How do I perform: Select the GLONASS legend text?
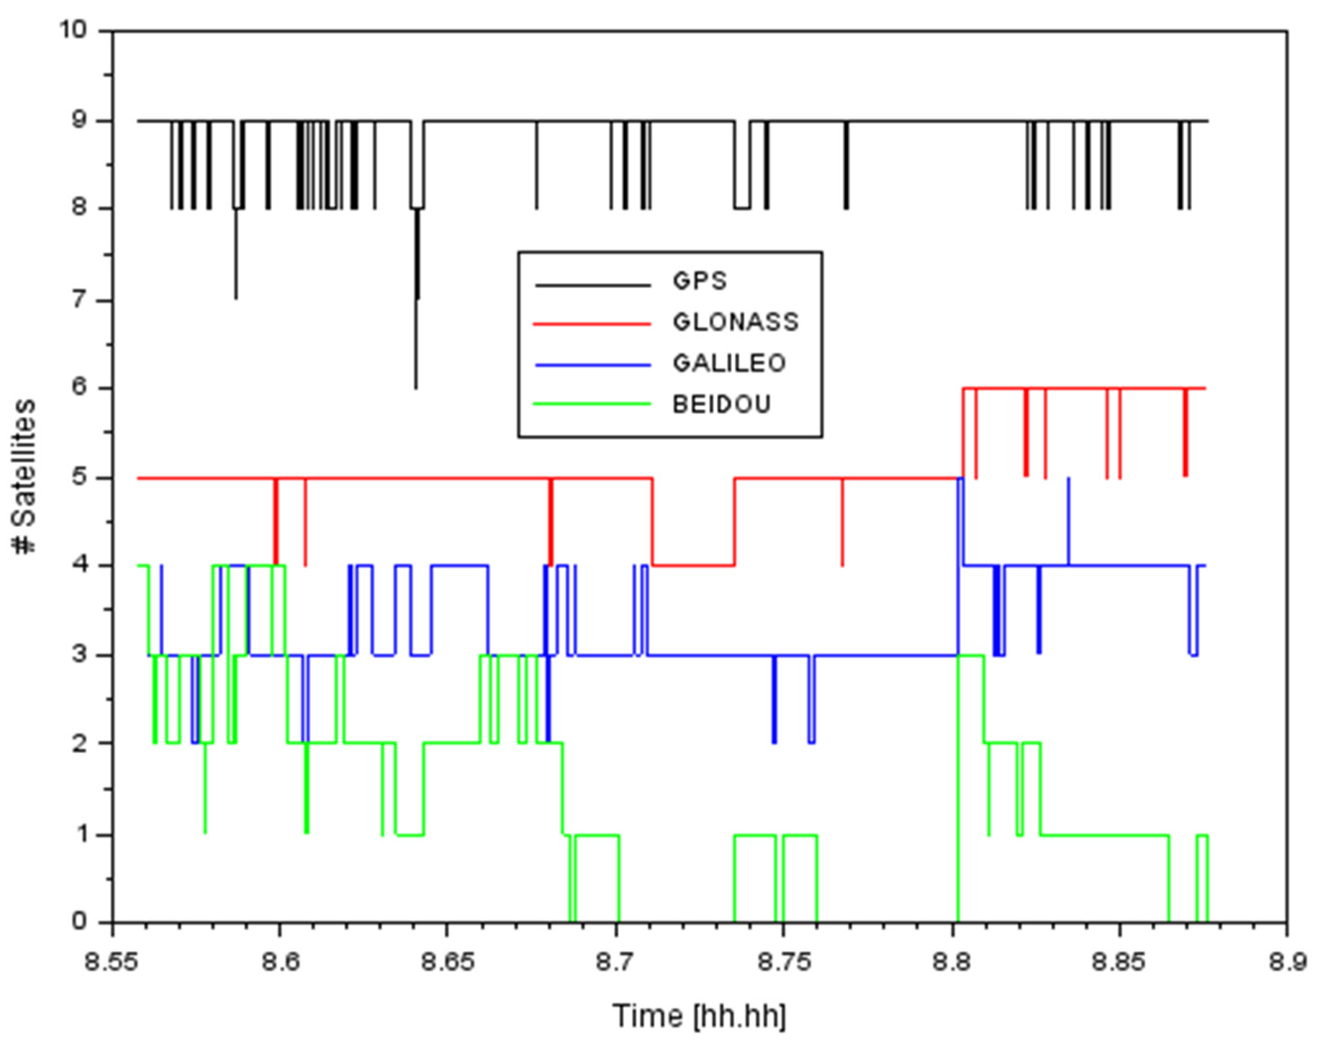pyautogui.click(x=735, y=322)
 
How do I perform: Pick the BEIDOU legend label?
pyautogui.click(x=721, y=405)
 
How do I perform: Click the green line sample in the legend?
pyautogui.click(x=592, y=404)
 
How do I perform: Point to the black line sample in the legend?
pyautogui.click(x=592, y=285)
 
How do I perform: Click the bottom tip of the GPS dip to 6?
pyautogui.click(x=416, y=387)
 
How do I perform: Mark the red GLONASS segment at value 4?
pyautogui.click(x=693, y=565)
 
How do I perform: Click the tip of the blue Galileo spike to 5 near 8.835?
pyautogui.click(x=1068, y=478)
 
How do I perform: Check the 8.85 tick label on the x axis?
pyautogui.click(x=1119, y=963)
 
